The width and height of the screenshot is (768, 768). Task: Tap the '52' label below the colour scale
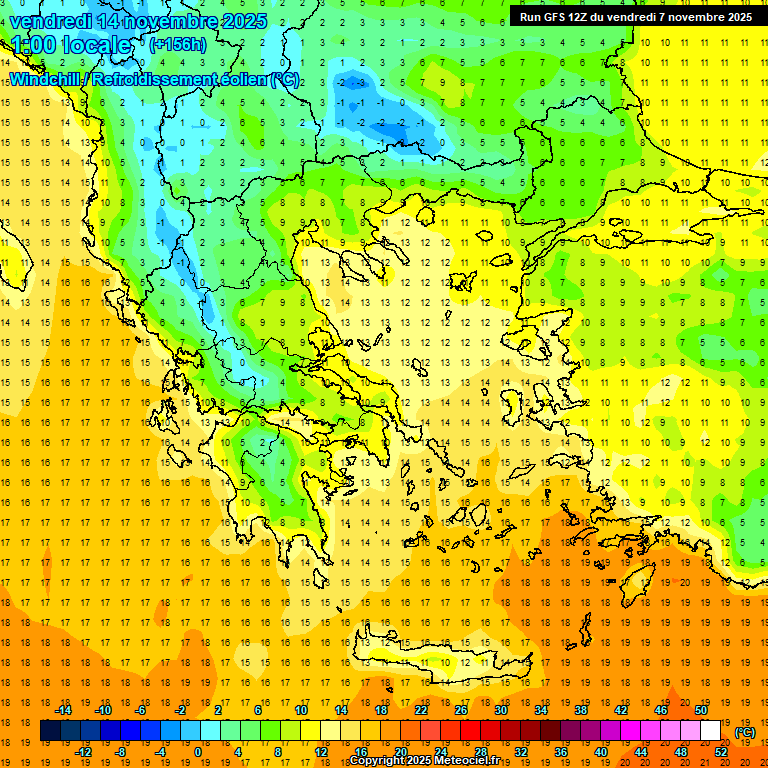click(721, 752)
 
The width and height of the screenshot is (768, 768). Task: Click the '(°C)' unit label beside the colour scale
click(745, 733)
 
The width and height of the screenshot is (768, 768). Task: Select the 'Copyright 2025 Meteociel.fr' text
click(426, 761)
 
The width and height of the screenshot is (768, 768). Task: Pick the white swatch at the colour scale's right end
click(711, 731)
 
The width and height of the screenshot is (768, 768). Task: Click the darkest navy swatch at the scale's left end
click(51, 731)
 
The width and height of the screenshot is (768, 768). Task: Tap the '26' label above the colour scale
click(461, 710)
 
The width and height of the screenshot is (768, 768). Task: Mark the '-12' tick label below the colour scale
click(84, 752)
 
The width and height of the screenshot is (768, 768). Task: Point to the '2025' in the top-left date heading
click(244, 21)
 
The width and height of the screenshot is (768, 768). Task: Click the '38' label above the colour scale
click(581, 710)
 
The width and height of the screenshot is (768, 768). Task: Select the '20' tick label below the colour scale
click(400, 752)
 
